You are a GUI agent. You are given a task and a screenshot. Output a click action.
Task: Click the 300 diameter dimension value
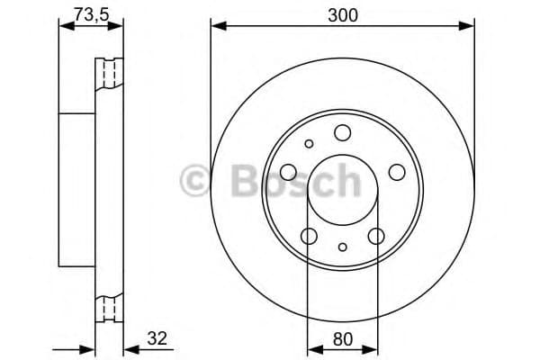pos(342,15)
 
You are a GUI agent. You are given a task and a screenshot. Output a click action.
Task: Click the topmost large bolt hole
pos(342,134)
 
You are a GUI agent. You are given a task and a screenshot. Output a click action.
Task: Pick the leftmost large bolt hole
pos(288,172)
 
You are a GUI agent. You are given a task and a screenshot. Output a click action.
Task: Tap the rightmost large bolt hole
pos(397,172)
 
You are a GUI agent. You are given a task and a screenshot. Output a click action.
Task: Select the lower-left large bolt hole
pos(309,236)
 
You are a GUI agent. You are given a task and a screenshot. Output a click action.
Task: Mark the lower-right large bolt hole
pos(376,236)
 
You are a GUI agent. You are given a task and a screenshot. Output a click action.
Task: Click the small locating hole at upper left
pos(309,143)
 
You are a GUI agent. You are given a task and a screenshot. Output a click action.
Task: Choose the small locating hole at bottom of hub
pos(342,246)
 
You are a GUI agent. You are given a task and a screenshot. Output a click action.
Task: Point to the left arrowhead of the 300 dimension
pos(216,26)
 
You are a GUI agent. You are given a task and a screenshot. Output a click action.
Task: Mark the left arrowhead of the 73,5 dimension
pos(64,26)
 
